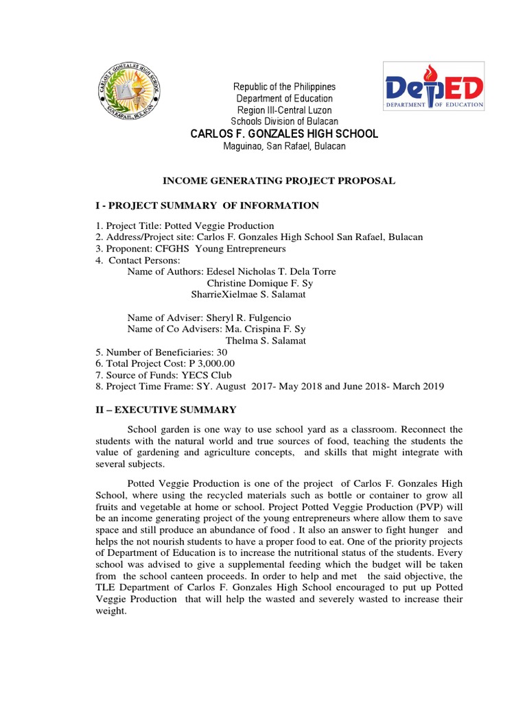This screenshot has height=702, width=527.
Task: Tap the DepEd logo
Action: (x=433, y=86)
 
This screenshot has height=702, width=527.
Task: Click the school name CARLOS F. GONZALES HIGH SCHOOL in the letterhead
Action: (x=284, y=134)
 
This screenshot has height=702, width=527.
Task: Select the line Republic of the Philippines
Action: (x=284, y=87)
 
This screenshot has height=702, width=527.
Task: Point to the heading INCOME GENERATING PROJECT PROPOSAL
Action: (x=279, y=180)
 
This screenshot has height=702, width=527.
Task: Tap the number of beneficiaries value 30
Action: (x=222, y=352)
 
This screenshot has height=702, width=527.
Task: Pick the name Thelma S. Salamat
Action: (x=266, y=341)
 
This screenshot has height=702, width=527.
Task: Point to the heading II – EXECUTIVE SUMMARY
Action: (x=165, y=409)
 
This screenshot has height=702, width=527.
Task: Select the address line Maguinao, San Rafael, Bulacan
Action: (x=284, y=146)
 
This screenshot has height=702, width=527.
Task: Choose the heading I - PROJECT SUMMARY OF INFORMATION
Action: (x=207, y=205)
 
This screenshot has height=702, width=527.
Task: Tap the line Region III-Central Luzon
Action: (x=284, y=110)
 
